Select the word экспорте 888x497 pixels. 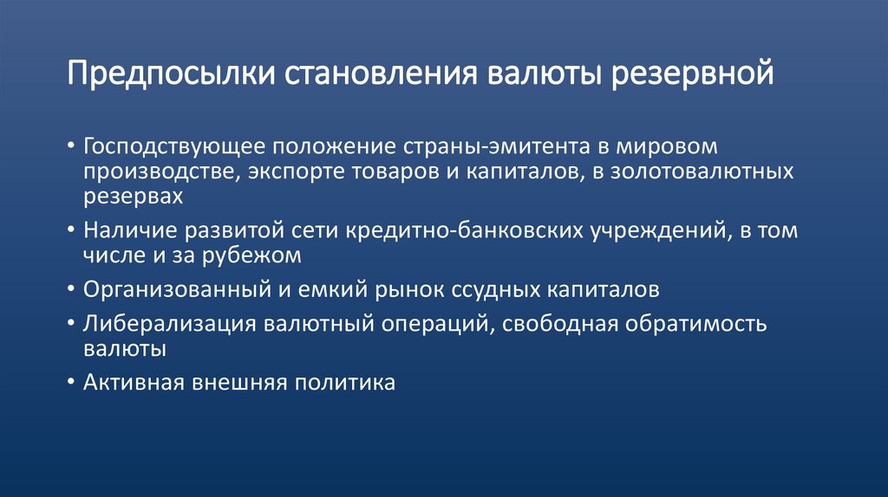pyautogui.click(x=296, y=171)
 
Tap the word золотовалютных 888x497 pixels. pyautogui.click(x=692, y=171)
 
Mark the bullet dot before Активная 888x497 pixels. pyautogui.click(x=70, y=382)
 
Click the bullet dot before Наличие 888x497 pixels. pyautogui.click(x=70, y=230)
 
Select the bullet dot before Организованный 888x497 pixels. pyautogui.click(x=70, y=287)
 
